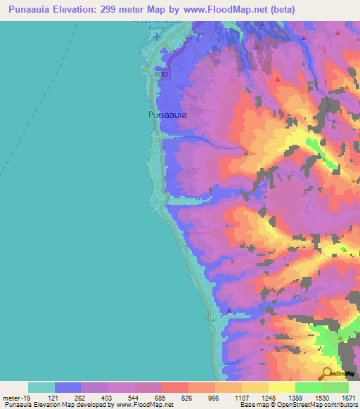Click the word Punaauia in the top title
pos(29,9)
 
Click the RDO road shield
pos(162,72)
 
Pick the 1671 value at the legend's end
pos(349,398)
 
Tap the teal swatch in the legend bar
pos(41,387)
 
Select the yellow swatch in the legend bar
pos(281,387)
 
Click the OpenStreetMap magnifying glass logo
pos(327,373)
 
